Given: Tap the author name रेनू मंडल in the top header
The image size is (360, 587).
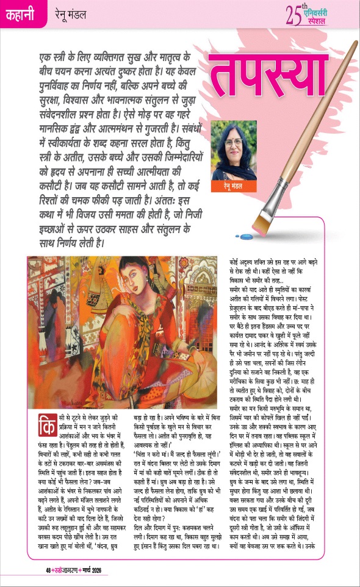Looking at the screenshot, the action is tap(71, 13).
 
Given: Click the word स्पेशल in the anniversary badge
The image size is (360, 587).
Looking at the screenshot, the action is tap(332, 21).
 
